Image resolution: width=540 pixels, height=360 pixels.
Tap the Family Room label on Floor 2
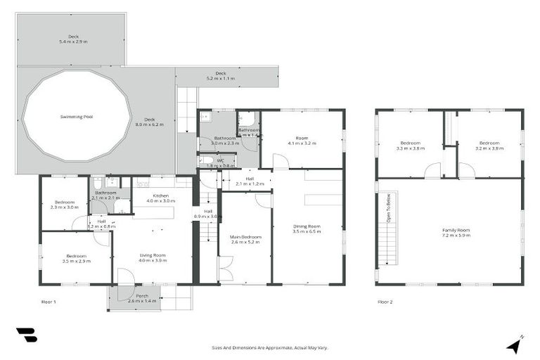pos(456,232)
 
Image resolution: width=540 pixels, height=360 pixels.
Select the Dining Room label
pos(307,229)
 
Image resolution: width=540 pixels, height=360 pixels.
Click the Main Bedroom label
pos(245,240)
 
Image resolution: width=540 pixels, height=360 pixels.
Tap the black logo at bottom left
pos(26,335)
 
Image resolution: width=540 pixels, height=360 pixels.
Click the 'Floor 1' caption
pos(48,302)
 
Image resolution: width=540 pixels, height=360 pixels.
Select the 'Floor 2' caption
pos(385,302)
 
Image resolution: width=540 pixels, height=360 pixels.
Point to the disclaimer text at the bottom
pos(270,347)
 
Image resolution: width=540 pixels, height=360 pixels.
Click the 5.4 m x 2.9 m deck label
pos(74,39)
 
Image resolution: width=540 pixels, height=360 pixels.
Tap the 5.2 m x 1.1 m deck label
pos(220,76)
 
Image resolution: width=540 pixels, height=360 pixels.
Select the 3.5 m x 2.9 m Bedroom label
pos(76,258)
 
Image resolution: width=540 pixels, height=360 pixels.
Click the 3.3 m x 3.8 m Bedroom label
pos(410,146)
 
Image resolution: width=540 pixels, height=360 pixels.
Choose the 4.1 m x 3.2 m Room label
pos(302,141)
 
